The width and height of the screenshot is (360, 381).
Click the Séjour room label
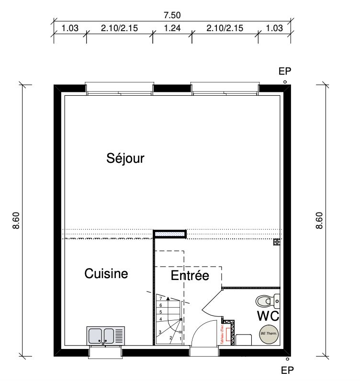pyautogui.click(x=125, y=158)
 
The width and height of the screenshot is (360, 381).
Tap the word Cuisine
pyautogui.click(x=106, y=274)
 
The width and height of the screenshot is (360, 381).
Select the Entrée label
pyautogui.click(x=190, y=276)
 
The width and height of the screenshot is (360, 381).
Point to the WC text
pyautogui.click(x=268, y=316)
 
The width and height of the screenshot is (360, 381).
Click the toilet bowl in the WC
pyautogui.click(x=265, y=301)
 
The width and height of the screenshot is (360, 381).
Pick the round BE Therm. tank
pyautogui.click(x=269, y=334)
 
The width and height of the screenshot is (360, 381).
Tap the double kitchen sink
pyautogui.click(x=106, y=335)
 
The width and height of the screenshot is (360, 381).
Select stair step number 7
pyautogui.click(x=161, y=299)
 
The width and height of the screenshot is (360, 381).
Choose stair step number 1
pyautogui.click(x=180, y=339)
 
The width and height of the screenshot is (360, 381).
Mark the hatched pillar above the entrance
pyautogui.click(x=169, y=234)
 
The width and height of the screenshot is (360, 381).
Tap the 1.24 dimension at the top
pyautogui.click(x=172, y=28)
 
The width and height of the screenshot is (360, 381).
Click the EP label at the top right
pyautogui.click(x=285, y=71)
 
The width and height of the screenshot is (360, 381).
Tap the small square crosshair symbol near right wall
pyautogui.click(x=276, y=242)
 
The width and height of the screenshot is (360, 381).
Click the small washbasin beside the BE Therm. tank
pyautogui.click(x=244, y=339)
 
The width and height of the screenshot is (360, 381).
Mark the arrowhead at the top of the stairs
pyautogui.click(x=168, y=299)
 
